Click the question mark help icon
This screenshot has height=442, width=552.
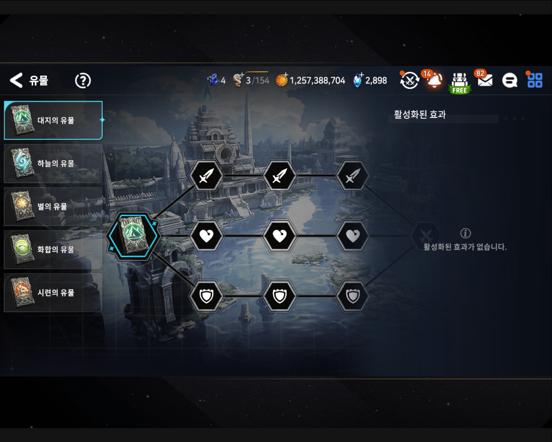83,81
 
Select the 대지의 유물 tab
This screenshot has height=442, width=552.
53,120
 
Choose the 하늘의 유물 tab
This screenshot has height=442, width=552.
53,163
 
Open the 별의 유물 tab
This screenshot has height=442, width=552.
53,206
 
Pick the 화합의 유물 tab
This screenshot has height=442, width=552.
53,249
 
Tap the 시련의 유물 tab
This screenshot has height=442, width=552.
53,292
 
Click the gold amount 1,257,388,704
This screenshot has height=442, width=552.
317,81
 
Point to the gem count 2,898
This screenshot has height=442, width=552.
376,81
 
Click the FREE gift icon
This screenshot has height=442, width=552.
460,83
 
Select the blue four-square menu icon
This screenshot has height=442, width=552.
535,80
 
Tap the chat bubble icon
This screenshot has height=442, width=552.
509,81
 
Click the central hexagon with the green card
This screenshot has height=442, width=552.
133,236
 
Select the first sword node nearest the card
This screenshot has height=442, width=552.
206,176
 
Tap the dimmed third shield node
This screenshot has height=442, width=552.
353,296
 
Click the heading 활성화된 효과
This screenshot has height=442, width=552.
420,114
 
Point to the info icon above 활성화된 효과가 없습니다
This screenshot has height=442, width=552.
465,233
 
